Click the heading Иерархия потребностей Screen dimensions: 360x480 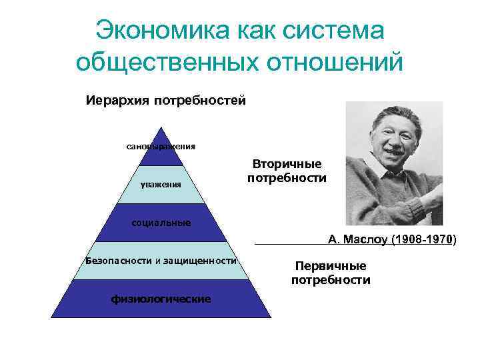pos(166,101)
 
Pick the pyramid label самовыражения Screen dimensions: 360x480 pos(161,146)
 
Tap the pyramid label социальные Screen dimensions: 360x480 pos(161,222)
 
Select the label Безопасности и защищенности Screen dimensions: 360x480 pos(161,260)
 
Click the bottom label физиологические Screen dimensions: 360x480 pos(161,299)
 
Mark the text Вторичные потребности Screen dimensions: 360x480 pos(287,171)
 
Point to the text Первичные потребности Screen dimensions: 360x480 pos(331,273)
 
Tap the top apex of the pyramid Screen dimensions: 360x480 pos(161,127)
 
